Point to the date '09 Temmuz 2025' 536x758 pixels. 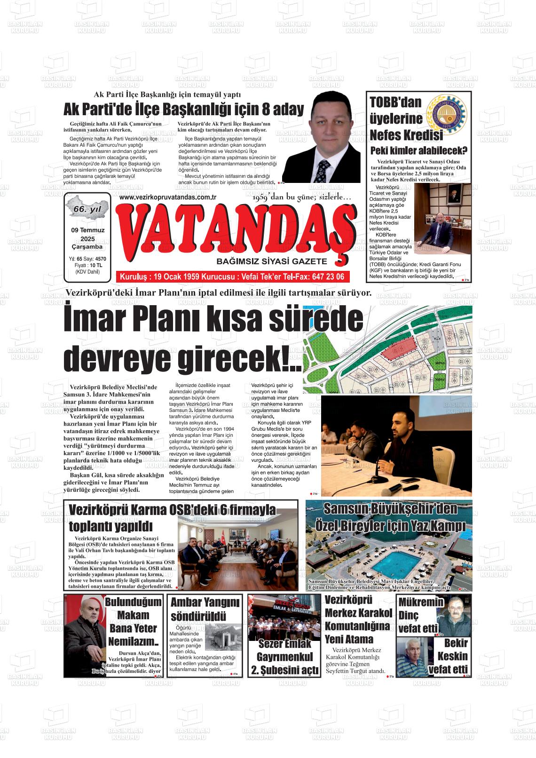[x=87, y=235]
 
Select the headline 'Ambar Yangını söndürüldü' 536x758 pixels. [x=205, y=609]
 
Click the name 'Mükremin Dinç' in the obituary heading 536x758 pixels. [x=421, y=608]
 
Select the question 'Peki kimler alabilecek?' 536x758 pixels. [x=418, y=151]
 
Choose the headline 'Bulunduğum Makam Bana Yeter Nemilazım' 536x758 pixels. [x=133, y=622]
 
